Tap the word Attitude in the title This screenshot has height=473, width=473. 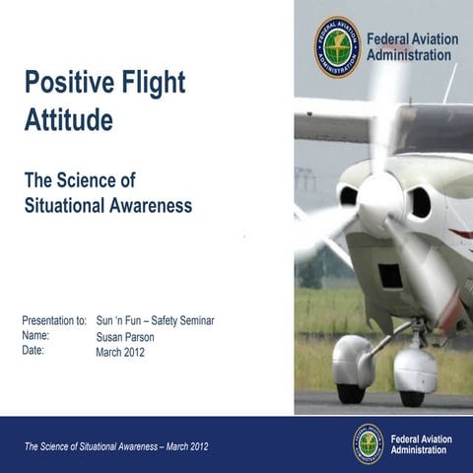tap(68, 120)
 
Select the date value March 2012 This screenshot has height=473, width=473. tap(120, 352)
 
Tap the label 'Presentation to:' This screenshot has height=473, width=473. tap(54, 320)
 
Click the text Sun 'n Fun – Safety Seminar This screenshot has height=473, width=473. tap(155, 320)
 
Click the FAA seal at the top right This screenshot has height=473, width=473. tap(337, 45)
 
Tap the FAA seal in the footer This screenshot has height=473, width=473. tap(369, 443)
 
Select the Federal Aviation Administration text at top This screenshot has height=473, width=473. tap(412, 46)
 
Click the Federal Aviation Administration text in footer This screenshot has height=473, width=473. tap(422, 443)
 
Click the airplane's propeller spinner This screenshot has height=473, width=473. tap(379, 200)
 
